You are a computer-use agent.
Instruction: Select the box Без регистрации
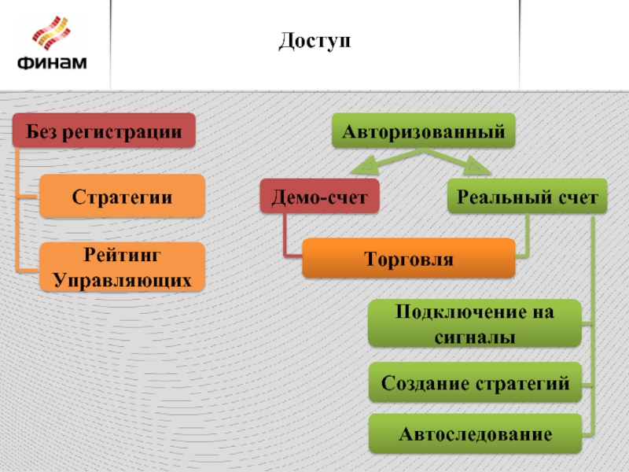pyautogui.click(x=104, y=131)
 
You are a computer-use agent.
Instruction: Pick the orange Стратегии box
pyautogui.click(x=123, y=196)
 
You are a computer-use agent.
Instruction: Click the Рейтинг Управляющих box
pyautogui.click(x=123, y=267)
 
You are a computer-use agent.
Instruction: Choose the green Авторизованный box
pyautogui.click(x=424, y=131)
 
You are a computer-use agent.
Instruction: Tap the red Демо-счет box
pyautogui.click(x=319, y=197)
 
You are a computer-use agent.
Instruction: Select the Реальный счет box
pyautogui.click(x=528, y=197)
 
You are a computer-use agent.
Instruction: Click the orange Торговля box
pyautogui.click(x=409, y=258)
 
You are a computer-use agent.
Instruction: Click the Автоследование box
pyautogui.click(x=475, y=433)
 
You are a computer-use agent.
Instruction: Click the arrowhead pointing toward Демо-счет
pyautogui.click(x=361, y=168)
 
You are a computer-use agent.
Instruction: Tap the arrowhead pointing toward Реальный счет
pyautogui.click(x=476, y=168)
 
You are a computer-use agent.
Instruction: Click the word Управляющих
pyautogui.click(x=123, y=279)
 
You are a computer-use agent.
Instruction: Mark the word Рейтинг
pyautogui.click(x=123, y=256)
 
